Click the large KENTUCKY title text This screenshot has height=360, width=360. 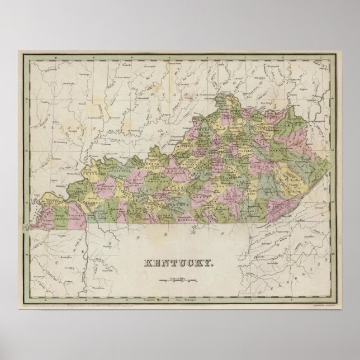[179, 263]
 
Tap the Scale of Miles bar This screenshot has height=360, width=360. [180, 277]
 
